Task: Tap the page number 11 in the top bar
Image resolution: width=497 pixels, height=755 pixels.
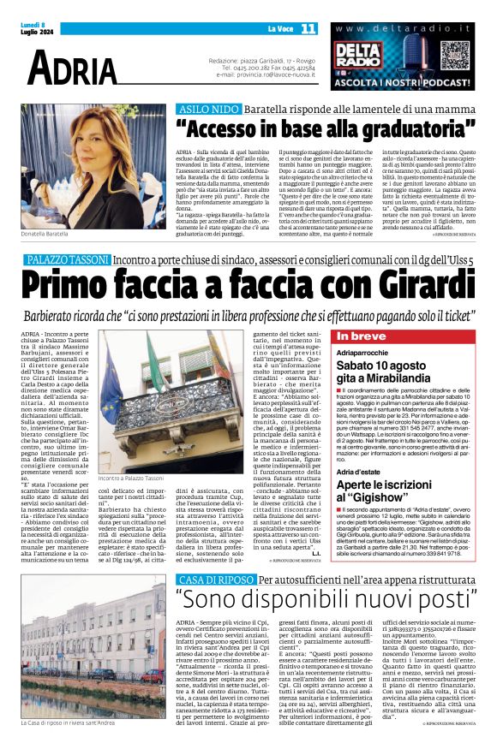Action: [x=308, y=28]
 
